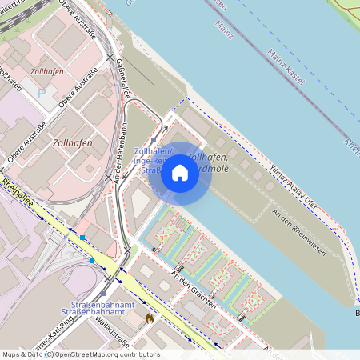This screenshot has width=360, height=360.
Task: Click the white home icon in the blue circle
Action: (x=180, y=172)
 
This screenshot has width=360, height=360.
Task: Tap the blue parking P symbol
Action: (x=42, y=94)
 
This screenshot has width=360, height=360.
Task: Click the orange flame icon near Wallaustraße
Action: (x=148, y=318)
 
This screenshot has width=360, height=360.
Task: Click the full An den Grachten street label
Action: (x=194, y=290)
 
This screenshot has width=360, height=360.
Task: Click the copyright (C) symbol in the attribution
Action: (x=48, y=354)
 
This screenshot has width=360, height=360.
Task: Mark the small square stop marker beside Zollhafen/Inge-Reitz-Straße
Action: (x=153, y=138)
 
